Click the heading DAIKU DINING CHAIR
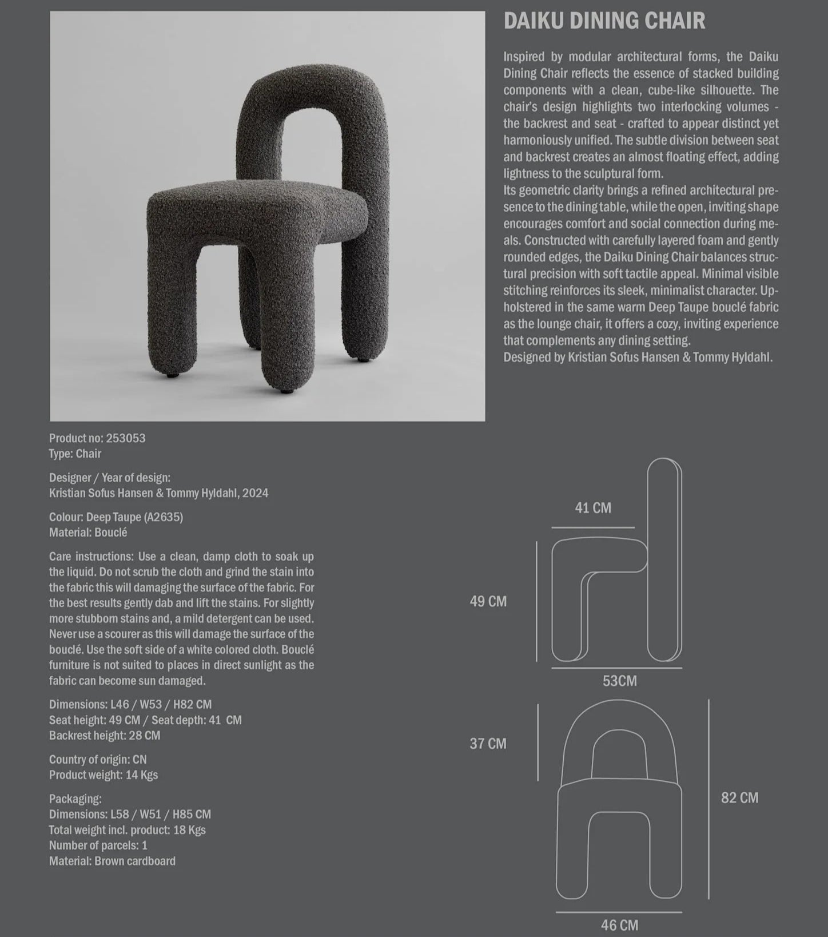click(604, 21)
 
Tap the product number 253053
click(126, 438)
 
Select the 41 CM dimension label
click(593, 508)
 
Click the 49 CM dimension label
click(488, 601)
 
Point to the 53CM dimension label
click(619, 681)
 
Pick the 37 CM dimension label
click(488, 744)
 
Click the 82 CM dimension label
click(739, 798)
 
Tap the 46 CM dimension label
click(619, 925)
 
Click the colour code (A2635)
click(163, 517)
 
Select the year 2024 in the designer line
click(255, 493)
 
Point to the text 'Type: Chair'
click(75, 454)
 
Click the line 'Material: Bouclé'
click(88, 533)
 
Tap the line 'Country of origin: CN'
click(98, 760)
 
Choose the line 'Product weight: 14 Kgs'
click(103, 775)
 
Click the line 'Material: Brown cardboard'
click(112, 861)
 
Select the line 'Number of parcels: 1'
click(98, 845)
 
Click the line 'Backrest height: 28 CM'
click(105, 736)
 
